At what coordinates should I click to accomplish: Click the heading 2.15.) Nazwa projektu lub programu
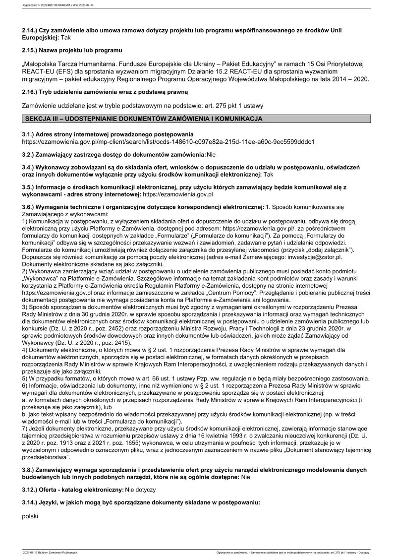tap(72, 51)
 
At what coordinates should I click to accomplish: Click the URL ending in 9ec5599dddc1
tap(168, 141)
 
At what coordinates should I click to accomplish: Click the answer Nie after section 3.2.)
tap(211, 155)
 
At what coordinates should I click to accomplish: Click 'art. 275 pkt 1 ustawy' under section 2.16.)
tap(233, 105)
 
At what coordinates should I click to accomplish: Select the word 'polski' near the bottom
tap(30, 516)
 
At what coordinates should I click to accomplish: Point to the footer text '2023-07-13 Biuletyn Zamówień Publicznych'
tap(51, 552)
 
